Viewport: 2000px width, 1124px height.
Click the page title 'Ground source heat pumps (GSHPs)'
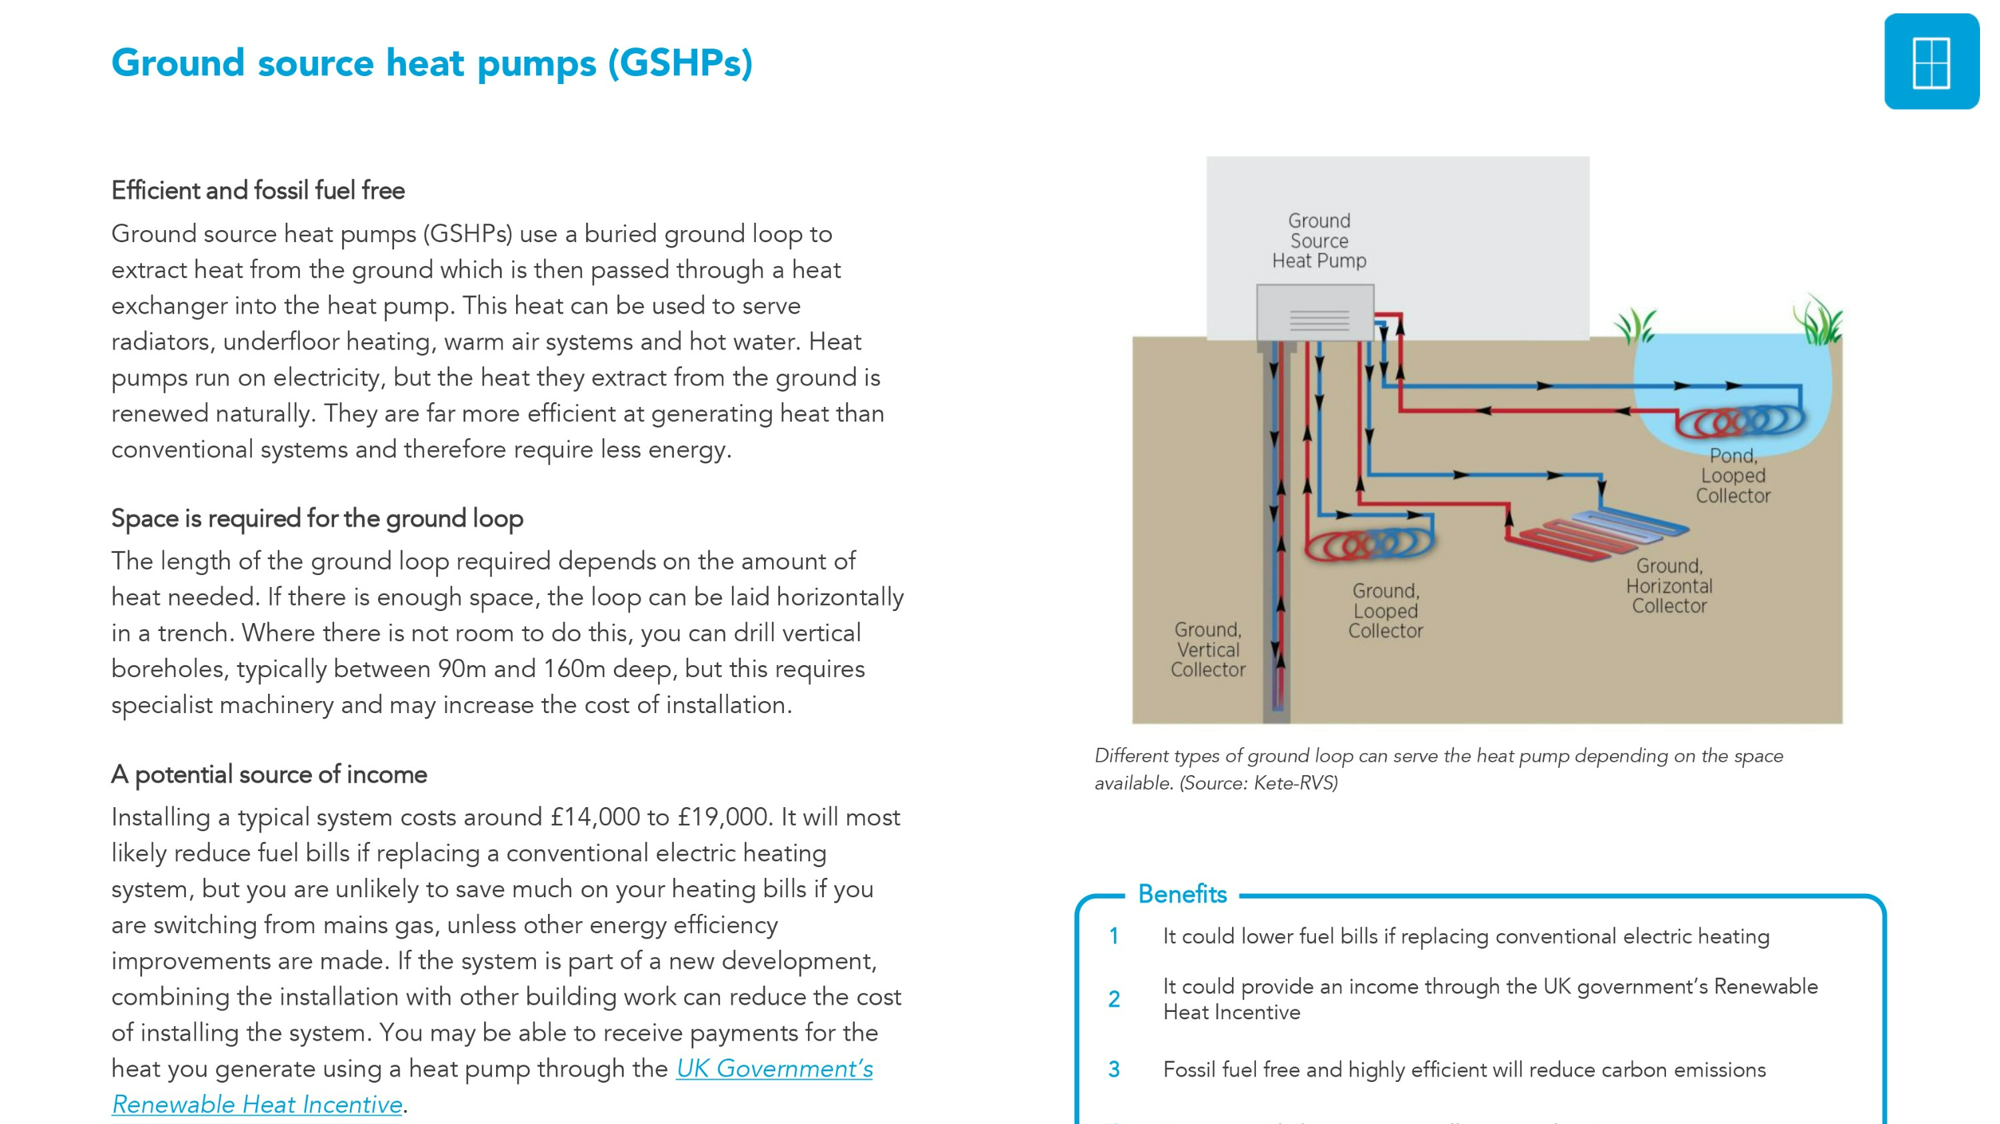432,63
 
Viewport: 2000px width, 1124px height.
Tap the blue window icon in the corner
1931,62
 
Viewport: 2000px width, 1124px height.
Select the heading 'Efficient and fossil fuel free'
258,190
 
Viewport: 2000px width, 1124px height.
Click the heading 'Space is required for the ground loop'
317,518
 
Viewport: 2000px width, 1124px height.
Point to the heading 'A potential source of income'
269,774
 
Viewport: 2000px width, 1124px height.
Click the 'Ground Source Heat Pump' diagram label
1318,241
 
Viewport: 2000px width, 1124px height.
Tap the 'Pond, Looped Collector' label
1732,476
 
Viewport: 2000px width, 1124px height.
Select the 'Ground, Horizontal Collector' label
1669,586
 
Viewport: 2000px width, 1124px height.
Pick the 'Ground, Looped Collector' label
1385,610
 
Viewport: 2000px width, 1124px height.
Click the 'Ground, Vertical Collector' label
1207,650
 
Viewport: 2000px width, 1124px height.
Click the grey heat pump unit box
1315,312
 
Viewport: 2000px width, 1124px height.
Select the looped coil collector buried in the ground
1369,544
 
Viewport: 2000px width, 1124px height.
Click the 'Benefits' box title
1182,895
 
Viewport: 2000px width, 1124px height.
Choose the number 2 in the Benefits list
1113,999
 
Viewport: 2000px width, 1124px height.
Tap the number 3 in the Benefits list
1113,1069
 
